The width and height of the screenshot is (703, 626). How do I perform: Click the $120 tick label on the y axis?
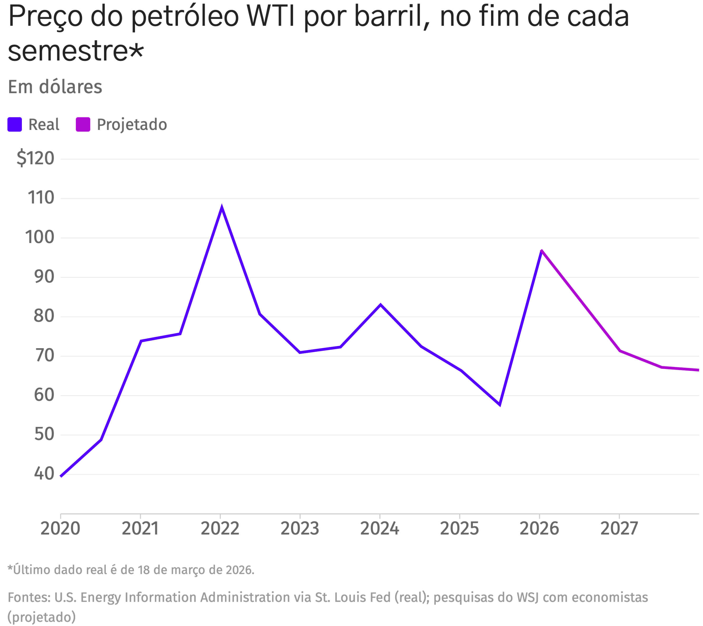coord(35,159)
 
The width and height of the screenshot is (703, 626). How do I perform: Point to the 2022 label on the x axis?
coord(220,529)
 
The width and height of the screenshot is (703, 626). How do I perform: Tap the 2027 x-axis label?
coord(619,529)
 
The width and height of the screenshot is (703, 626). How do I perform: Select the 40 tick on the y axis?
coord(44,474)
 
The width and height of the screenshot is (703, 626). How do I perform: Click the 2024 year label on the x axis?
coord(379,529)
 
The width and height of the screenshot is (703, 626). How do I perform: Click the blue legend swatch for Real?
coord(15,124)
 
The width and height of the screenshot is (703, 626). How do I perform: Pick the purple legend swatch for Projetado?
coord(83,124)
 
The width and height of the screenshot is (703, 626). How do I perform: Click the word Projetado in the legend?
coord(132,124)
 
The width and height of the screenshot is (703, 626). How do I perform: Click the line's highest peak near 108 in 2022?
coord(222,207)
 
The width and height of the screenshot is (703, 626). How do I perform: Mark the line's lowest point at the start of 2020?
coord(61,476)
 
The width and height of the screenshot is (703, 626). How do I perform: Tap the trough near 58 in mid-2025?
coord(500,405)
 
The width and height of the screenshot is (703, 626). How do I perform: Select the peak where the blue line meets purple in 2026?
coord(542,251)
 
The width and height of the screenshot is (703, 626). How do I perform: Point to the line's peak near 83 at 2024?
coord(380,305)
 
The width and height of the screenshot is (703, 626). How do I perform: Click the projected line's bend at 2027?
coord(620,351)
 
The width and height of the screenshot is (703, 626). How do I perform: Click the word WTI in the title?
coord(271,17)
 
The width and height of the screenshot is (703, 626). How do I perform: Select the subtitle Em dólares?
coord(55,87)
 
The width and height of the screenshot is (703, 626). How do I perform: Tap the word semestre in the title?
coord(68,52)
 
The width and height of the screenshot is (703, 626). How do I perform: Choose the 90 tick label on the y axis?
coord(44,277)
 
